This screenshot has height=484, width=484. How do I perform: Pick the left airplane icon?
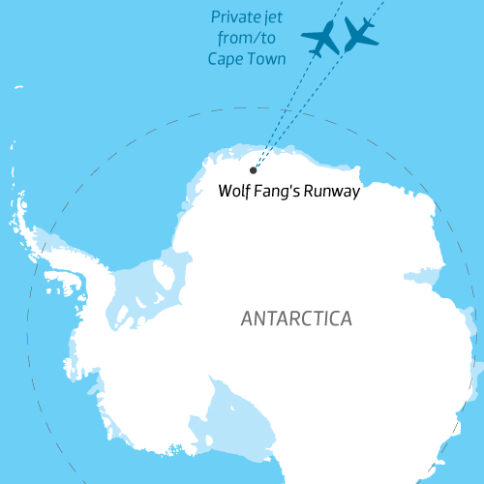click(320, 38)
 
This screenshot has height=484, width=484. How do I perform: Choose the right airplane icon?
click(360, 33)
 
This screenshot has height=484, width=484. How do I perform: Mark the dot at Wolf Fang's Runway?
click(254, 170)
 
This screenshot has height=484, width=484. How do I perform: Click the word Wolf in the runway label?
click(235, 192)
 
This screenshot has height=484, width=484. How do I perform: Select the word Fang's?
click(279, 192)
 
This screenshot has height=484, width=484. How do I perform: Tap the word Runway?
click(333, 192)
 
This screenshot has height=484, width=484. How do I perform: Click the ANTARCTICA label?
click(296, 318)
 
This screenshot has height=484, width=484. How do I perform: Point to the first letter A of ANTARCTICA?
click(246, 318)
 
